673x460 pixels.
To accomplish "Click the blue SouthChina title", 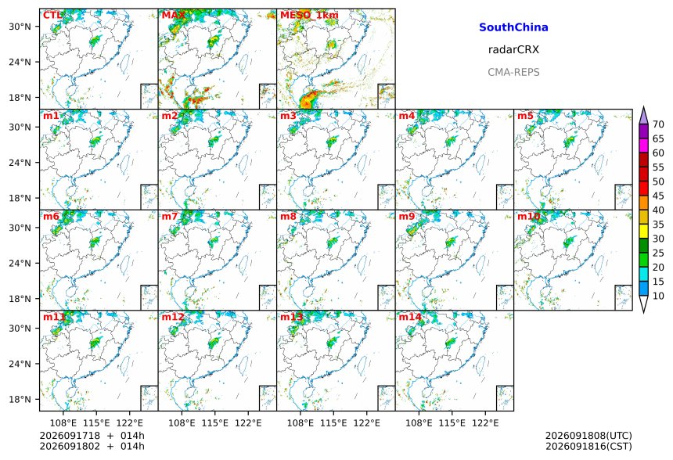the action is click(513, 27).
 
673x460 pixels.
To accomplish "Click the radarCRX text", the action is click(513, 49).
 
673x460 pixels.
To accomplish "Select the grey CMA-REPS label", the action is click(513, 72).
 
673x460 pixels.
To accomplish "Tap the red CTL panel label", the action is click(52, 16).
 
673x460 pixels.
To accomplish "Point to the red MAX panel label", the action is click(174, 16).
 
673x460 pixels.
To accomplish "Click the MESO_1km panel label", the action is click(309, 16).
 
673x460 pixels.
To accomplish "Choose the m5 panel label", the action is click(525, 116).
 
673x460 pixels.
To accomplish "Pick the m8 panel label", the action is click(288, 216).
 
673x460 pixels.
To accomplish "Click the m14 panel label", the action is click(410, 317).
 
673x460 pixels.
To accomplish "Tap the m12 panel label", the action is click(173, 317).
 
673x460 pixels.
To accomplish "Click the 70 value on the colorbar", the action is click(658, 124).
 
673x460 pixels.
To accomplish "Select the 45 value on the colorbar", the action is click(658, 196).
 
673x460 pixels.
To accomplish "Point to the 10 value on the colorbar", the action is click(658, 296).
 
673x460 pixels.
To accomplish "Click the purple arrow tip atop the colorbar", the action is click(643, 107).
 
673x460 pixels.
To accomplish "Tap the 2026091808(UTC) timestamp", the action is click(588, 436).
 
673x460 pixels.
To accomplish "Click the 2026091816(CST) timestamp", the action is click(588, 446).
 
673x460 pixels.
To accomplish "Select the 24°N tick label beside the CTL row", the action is click(20, 62).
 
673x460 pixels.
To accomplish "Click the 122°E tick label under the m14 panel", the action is click(485, 423).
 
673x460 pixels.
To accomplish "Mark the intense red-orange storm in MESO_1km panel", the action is click(308, 99).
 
